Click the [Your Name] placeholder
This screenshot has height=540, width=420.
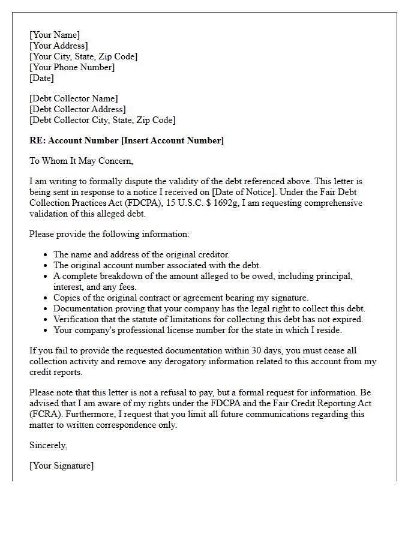pos(55,35)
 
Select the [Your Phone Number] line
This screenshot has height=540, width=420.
pos(72,67)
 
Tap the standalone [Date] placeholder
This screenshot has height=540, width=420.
pos(41,78)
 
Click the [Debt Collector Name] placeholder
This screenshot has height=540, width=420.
pos(74,98)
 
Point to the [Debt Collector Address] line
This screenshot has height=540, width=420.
pos(77,109)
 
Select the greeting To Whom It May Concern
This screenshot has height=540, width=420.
pos(81,161)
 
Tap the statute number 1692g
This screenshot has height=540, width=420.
pos(224,203)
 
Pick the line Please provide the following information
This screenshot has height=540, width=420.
pos(109,234)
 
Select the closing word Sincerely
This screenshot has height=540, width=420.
pos(49,445)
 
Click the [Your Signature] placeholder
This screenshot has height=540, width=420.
pos(62,466)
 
